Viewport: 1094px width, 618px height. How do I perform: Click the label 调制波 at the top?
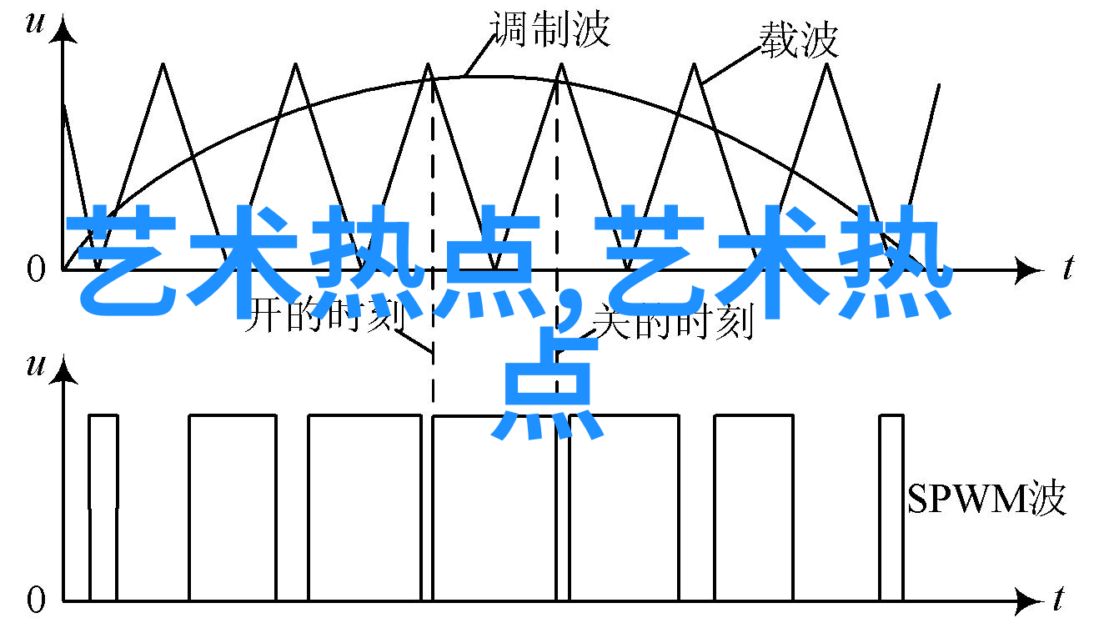[x=550, y=29]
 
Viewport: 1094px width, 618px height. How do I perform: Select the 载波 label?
[x=799, y=40]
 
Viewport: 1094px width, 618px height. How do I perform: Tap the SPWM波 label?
[x=986, y=497]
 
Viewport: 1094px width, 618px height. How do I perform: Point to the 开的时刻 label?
[x=326, y=315]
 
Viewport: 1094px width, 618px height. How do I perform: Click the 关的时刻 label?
[x=674, y=320]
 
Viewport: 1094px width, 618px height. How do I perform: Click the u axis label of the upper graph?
[x=35, y=23]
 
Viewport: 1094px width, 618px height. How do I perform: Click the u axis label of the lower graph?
[x=35, y=365]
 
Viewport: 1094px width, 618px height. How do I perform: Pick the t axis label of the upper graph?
[x=1069, y=267]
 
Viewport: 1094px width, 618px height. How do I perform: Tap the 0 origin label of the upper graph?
[x=36, y=269]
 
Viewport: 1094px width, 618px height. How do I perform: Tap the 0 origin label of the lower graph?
[x=36, y=600]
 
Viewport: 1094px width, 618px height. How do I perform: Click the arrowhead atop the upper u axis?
[x=63, y=29]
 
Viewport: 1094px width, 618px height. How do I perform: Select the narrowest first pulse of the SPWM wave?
[x=103, y=507]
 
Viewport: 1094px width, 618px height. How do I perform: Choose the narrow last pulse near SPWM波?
[x=892, y=507]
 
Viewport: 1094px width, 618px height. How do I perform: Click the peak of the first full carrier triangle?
[x=163, y=63]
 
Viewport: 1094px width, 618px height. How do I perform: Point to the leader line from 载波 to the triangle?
[x=730, y=65]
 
